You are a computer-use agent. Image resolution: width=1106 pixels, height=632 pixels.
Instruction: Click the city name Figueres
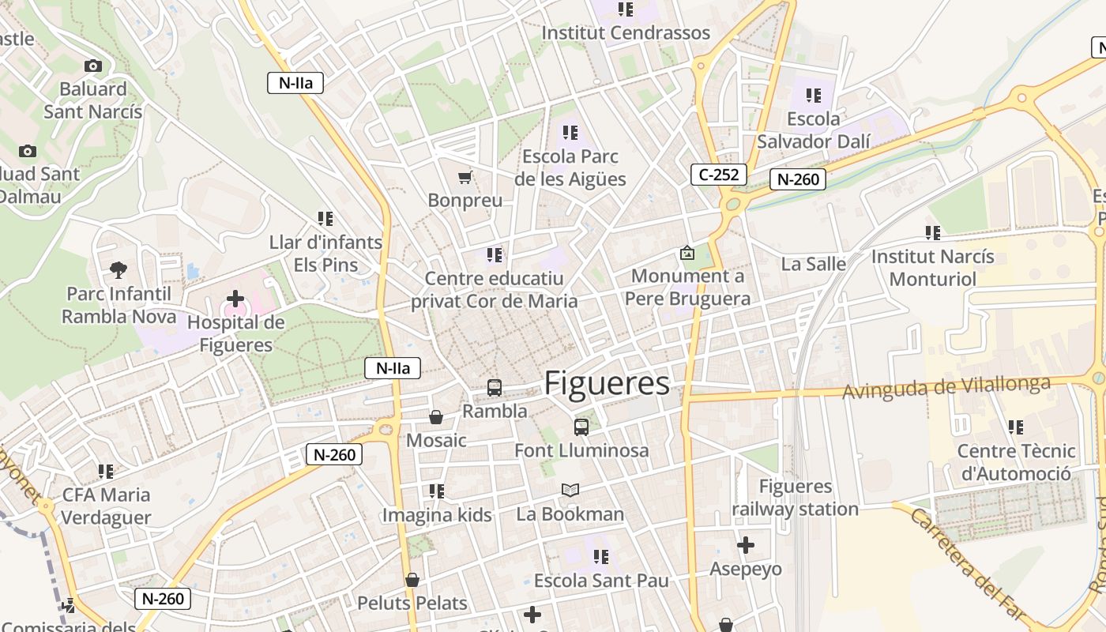pos(607,383)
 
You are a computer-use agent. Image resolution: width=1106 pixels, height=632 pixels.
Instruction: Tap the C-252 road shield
pos(719,175)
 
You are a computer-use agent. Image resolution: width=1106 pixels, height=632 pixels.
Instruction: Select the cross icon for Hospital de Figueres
pos(235,299)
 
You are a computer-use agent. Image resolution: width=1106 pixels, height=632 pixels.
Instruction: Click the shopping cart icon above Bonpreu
pos(465,178)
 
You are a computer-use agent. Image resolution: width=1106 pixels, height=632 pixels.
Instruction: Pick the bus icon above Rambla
pos(495,388)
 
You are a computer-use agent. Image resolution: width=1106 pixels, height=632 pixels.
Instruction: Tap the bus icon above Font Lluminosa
pos(581,427)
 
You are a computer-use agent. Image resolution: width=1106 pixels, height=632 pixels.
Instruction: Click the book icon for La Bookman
pos(570,491)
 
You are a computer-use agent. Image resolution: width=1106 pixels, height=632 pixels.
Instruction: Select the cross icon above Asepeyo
pos(745,545)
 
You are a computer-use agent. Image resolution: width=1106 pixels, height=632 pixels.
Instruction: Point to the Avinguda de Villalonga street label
pos(947,387)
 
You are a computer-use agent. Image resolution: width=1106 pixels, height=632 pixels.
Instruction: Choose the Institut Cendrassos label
pos(626,33)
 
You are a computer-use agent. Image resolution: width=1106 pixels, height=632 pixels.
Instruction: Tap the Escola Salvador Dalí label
pos(814,130)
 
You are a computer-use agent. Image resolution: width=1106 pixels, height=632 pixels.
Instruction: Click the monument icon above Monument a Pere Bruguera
pos(687,254)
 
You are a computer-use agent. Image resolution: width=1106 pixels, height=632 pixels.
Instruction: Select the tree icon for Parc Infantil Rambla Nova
pos(118,270)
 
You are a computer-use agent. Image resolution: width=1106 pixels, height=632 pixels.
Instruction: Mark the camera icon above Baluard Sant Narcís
pos(93,66)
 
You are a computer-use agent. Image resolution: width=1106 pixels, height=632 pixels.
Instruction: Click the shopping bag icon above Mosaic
pos(435,417)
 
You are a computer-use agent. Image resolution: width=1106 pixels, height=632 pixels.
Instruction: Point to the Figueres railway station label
pos(795,498)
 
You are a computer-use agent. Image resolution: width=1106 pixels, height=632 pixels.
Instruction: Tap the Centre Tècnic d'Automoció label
pos(1016,462)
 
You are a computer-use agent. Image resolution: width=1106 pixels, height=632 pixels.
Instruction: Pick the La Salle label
pos(813,264)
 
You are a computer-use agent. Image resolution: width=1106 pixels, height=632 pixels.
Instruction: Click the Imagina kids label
pos(437,515)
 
